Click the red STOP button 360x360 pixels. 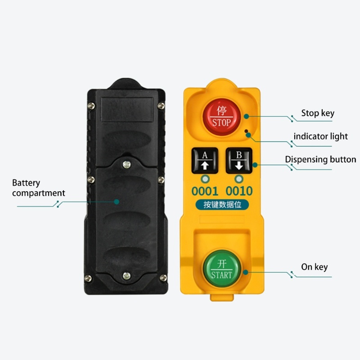[x=222, y=117]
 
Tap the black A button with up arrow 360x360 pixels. [x=205, y=161]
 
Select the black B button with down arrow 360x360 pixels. [x=239, y=161]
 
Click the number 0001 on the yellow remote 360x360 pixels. [x=205, y=191]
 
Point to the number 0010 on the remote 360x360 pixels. [x=239, y=191]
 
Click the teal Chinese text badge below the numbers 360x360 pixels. [x=222, y=205]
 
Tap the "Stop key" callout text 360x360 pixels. [x=318, y=113]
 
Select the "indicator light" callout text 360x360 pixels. [x=320, y=136]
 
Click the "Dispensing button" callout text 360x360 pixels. [x=320, y=159]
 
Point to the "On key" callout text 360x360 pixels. [x=314, y=267]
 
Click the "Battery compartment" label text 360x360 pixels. [x=39, y=188]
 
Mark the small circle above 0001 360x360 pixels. [x=205, y=179]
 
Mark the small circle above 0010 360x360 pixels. [x=239, y=179]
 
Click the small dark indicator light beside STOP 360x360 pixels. [x=246, y=131]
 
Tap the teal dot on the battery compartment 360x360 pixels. [x=117, y=202]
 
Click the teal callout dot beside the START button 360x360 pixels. [x=246, y=272]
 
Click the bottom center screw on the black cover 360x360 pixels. [x=126, y=276]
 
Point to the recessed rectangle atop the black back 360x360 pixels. [x=127, y=109]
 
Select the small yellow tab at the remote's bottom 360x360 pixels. [x=222, y=297]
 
